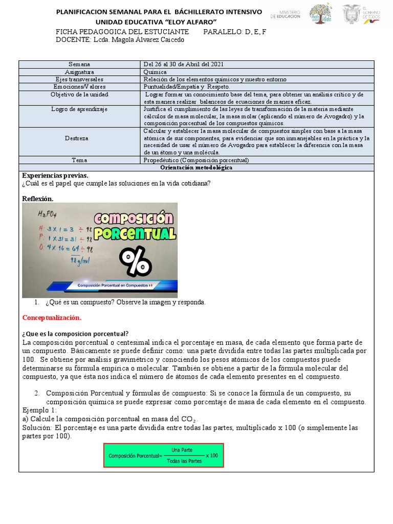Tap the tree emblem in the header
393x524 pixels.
point(320,14)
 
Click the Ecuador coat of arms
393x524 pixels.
point(352,14)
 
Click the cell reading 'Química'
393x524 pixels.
point(156,72)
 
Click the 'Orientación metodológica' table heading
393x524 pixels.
point(196,168)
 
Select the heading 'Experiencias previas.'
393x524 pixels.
point(55,175)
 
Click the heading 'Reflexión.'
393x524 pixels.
point(38,198)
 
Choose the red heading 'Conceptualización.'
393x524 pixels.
point(52,317)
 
